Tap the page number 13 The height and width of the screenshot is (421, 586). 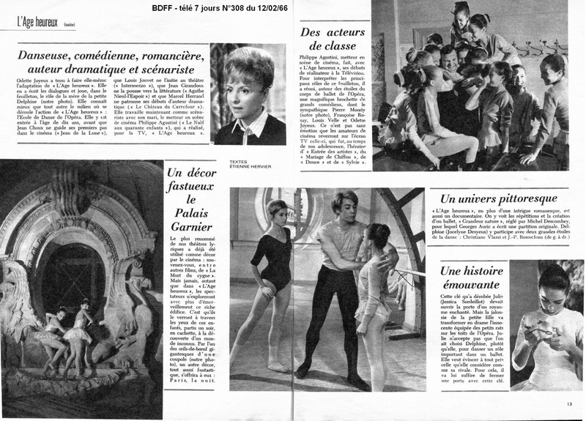570,402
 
